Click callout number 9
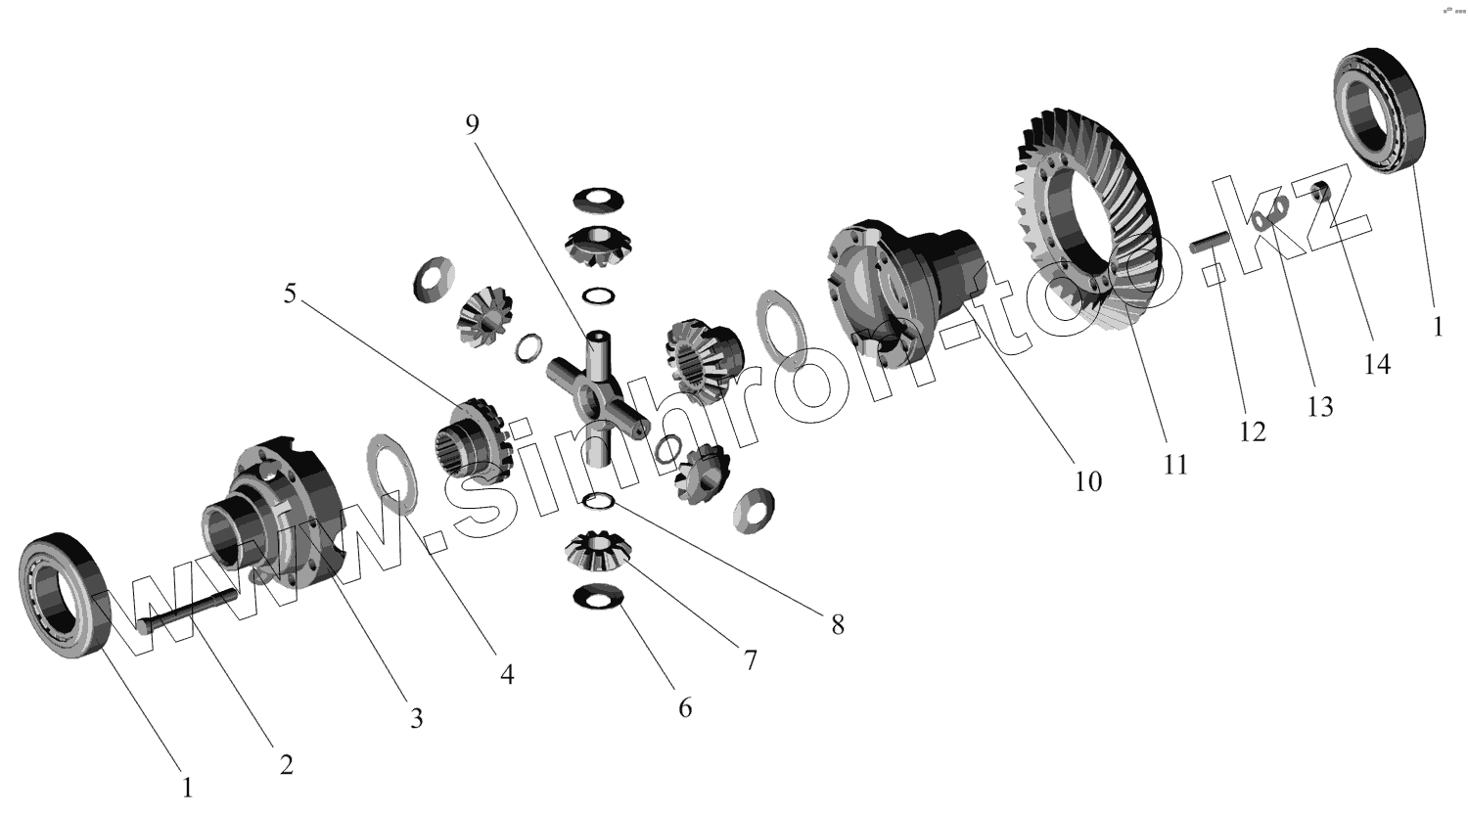(473, 124)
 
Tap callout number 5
(290, 294)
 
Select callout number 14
(1377, 364)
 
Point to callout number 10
(1087, 480)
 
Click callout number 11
(1175, 464)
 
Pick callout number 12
(1252, 430)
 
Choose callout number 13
(1320, 406)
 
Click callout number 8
(838, 624)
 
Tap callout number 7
(750, 660)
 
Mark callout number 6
(685, 706)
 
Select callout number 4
(506, 674)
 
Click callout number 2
(286, 764)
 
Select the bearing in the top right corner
(1383, 110)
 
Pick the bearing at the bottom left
(66, 594)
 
